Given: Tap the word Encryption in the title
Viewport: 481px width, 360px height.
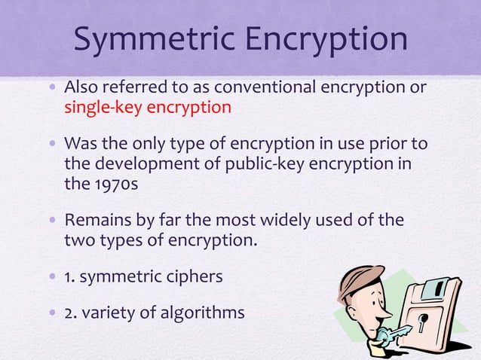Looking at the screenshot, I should click(324, 39).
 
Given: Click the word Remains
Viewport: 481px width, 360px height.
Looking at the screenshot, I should click(97, 221).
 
